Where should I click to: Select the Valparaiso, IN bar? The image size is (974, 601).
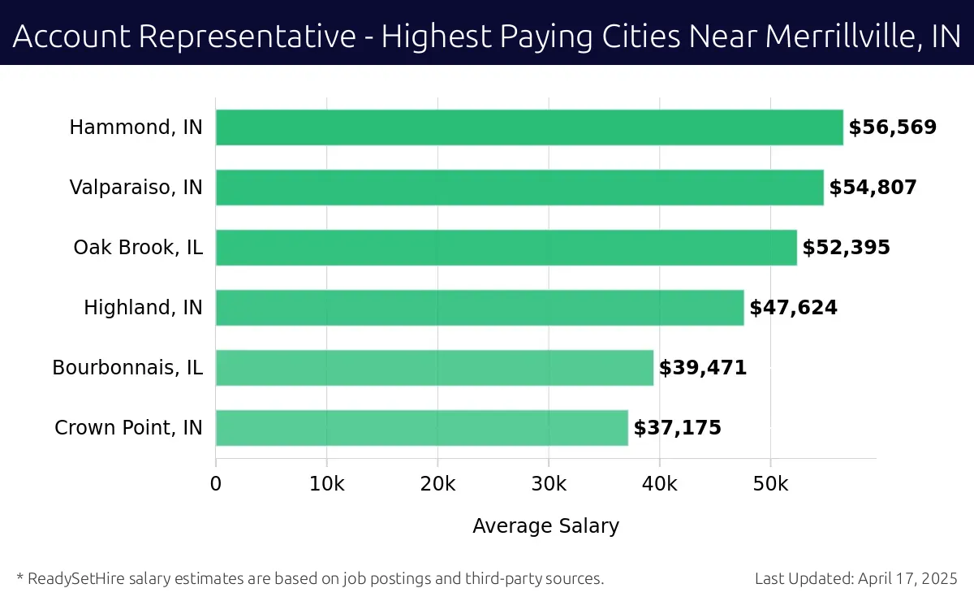point(519,188)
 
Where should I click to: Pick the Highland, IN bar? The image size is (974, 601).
point(480,308)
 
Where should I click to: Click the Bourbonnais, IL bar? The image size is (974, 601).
point(434,368)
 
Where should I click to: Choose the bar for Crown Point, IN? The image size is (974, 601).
point(422,428)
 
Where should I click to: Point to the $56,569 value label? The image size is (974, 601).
point(893,128)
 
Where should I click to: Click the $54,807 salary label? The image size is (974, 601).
point(873,188)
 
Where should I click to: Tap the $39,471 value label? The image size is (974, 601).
point(703,368)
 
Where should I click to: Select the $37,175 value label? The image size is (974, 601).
point(678,428)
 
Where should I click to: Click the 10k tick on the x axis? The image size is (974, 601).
point(327,485)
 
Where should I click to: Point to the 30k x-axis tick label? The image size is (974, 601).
point(549,485)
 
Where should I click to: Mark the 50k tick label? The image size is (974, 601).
point(770,485)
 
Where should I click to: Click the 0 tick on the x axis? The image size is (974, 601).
point(216,485)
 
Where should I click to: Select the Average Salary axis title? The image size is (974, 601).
point(545,526)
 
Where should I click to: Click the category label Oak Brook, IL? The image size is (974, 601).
point(138,248)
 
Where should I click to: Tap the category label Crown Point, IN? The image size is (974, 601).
point(128,428)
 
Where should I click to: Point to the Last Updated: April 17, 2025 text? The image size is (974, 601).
point(855,579)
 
